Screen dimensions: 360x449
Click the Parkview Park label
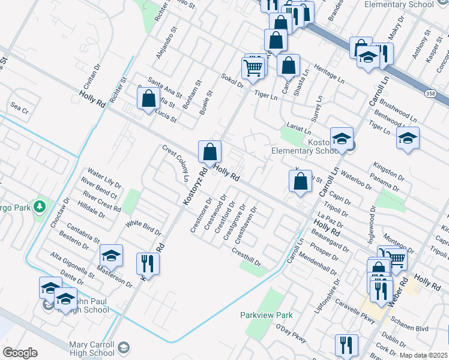(266, 315)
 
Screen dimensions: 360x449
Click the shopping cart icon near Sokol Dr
(253, 67)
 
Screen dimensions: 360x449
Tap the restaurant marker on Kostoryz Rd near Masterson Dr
(146, 263)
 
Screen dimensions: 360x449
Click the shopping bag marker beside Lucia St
(148, 98)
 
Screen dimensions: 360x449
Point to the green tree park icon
(40, 206)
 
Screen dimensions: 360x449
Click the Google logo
(20, 353)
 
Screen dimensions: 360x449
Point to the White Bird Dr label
(143, 227)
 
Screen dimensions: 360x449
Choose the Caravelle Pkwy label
(355, 310)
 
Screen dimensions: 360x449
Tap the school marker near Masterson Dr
(111, 255)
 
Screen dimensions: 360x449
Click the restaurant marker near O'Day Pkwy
(346, 345)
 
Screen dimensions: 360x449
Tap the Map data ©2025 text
(423, 355)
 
